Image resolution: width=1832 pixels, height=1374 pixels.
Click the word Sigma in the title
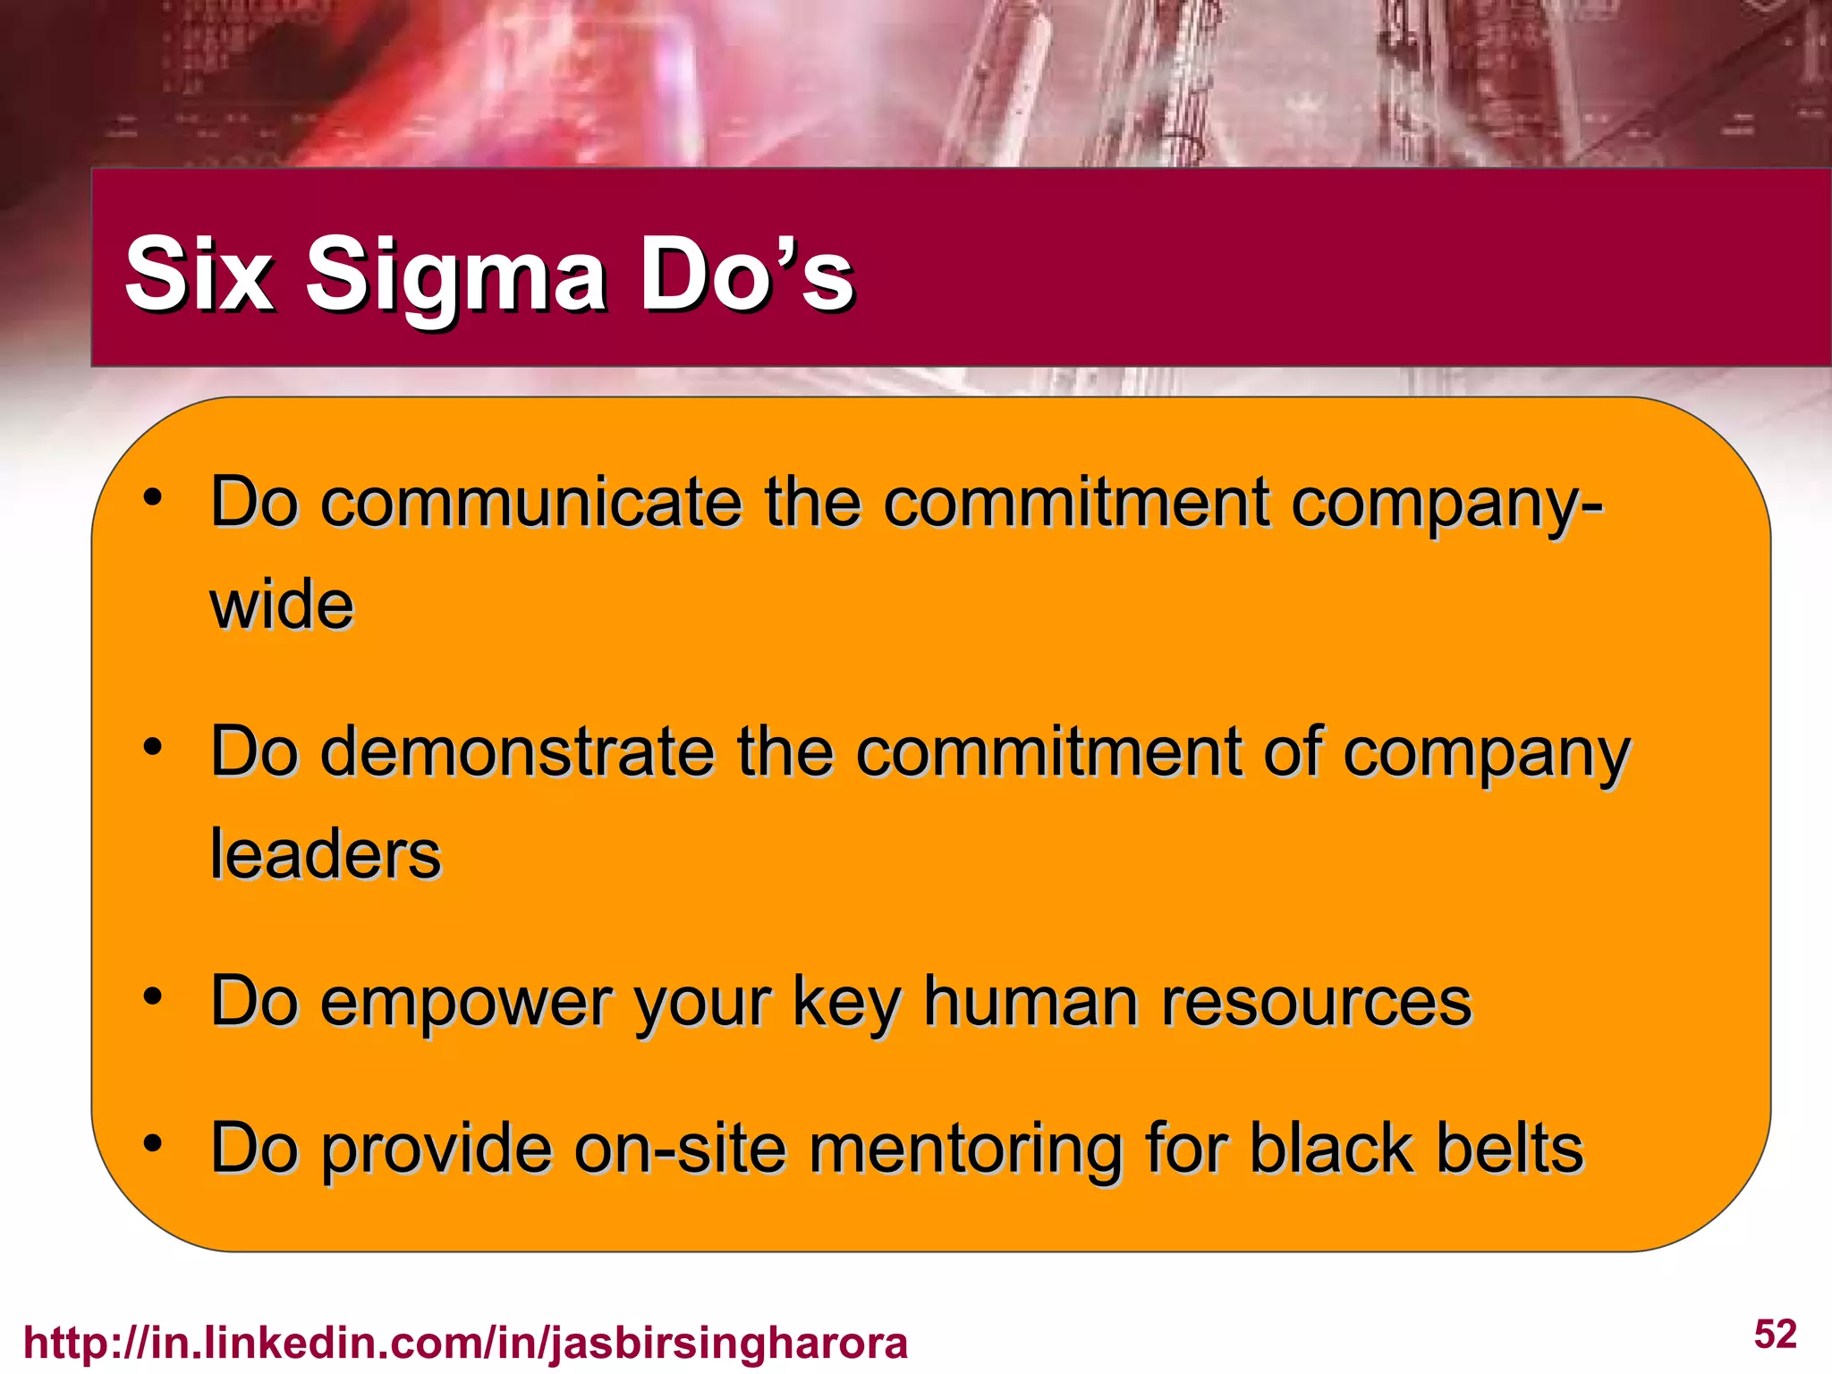(456, 276)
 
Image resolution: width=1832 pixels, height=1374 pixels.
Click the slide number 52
(1775, 1335)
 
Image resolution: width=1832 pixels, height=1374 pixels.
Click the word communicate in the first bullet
(531, 503)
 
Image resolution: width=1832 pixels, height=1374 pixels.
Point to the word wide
(282, 605)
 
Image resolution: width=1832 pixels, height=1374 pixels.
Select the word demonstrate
(517, 751)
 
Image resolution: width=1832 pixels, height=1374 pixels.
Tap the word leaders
(326, 854)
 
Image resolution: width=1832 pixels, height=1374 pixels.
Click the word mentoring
(965, 1149)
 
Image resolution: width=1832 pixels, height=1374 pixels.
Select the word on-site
(680, 1149)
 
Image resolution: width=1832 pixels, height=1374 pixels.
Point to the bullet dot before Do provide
(153, 1142)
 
